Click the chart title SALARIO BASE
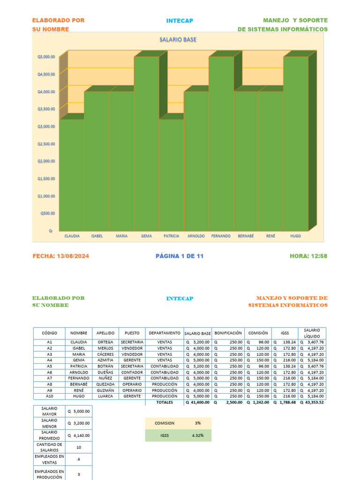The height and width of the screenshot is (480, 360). click(x=178, y=40)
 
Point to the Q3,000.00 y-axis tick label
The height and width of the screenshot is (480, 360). click(x=46, y=126)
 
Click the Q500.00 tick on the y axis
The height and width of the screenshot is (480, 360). click(x=47, y=213)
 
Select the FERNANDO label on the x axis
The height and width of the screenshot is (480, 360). click(x=221, y=236)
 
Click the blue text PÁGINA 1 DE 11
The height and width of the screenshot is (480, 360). click(x=180, y=256)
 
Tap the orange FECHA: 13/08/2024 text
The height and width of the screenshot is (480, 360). click(x=60, y=256)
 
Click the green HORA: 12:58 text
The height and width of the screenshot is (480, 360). click(x=308, y=256)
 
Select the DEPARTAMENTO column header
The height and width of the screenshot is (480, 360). click(x=164, y=333)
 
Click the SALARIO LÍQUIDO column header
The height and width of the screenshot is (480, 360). click(x=312, y=333)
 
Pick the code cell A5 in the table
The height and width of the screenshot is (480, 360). click(x=49, y=366)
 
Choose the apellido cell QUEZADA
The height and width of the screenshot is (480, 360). click(x=105, y=384)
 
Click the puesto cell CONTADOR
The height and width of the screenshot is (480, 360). click(x=132, y=372)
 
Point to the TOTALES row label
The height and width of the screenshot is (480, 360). click(x=165, y=402)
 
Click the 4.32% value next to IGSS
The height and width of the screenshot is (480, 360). click(x=198, y=435)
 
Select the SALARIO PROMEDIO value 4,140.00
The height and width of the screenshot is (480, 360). click(x=79, y=435)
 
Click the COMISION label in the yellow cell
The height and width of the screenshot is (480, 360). click(x=165, y=423)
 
